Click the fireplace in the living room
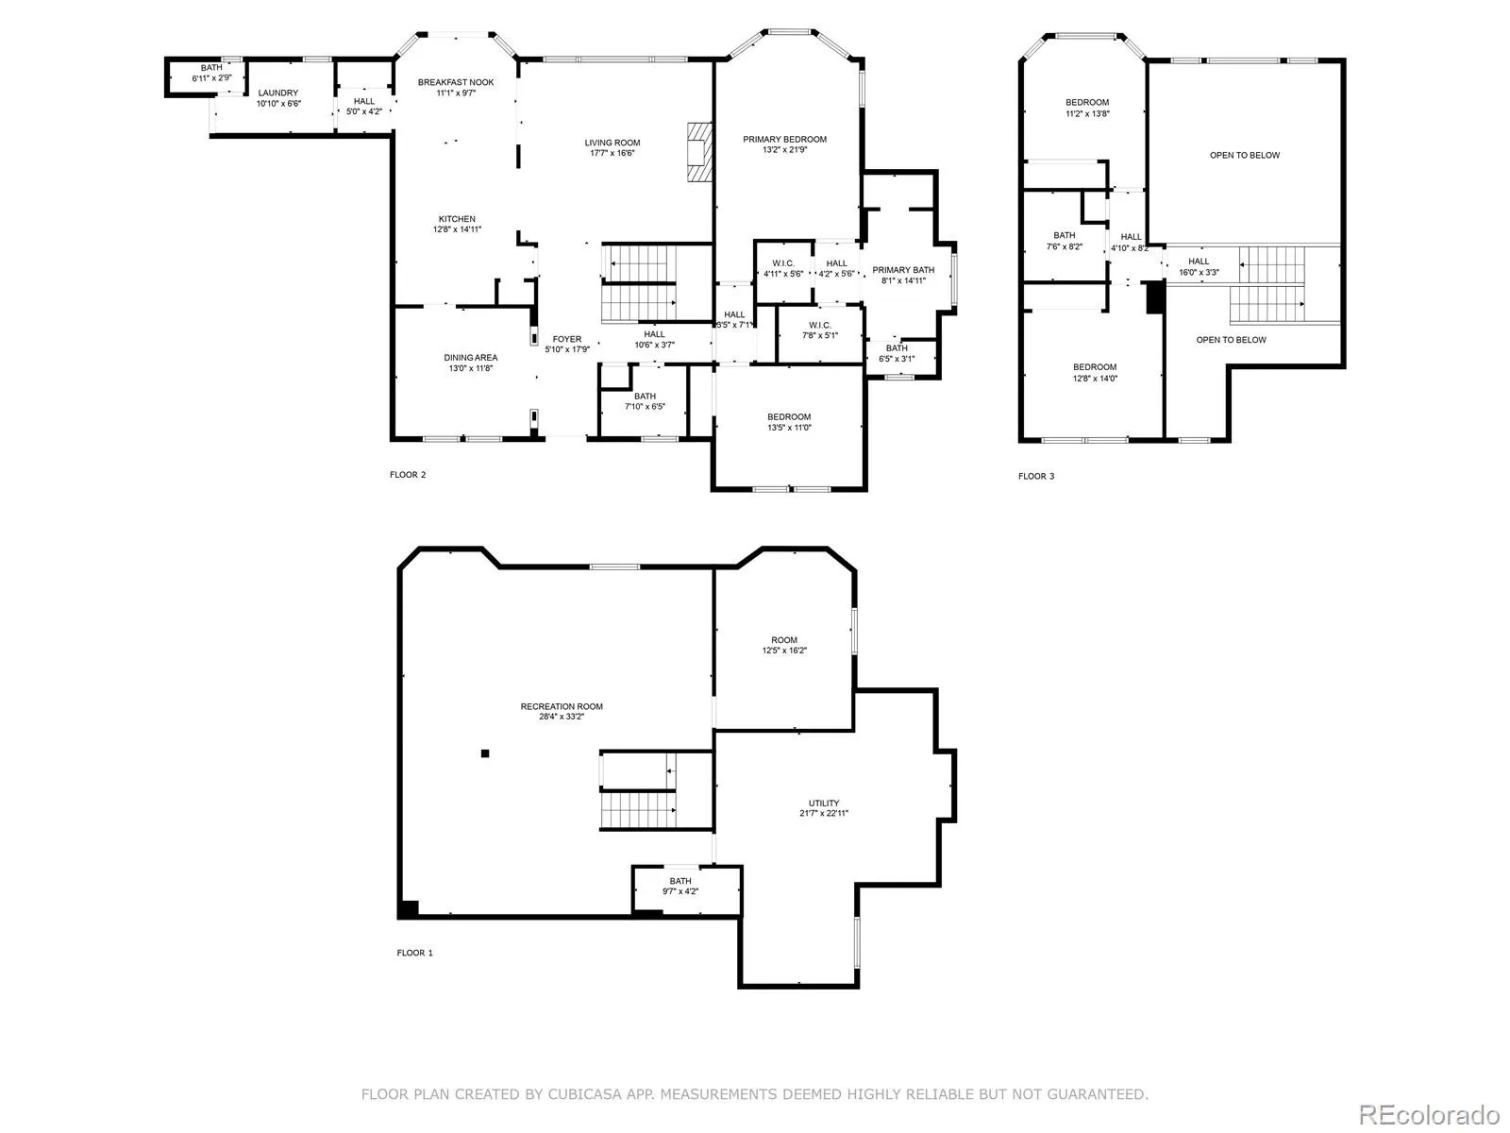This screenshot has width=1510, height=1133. pyautogui.click(x=698, y=152)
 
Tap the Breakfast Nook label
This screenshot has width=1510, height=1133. pyautogui.click(x=456, y=82)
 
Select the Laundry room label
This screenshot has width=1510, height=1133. pyautogui.click(x=277, y=93)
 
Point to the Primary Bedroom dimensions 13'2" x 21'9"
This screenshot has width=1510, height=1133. pyautogui.click(x=784, y=150)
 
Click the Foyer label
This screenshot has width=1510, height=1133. pyautogui.click(x=567, y=339)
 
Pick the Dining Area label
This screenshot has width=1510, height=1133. pyautogui.click(x=471, y=358)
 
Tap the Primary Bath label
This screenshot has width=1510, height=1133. pyautogui.click(x=903, y=270)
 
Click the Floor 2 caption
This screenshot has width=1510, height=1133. pyautogui.click(x=408, y=475)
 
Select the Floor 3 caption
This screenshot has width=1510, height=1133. pyautogui.click(x=1036, y=476)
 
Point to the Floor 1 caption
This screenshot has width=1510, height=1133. pyautogui.click(x=415, y=953)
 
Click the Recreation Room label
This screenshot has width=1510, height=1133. pyautogui.click(x=562, y=706)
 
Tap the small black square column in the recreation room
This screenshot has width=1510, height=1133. pyautogui.click(x=485, y=753)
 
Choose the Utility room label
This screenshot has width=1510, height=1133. pyautogui.click(x=824, y=803)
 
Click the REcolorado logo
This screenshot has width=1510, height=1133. pyautogui.click(x=1429, y=1114)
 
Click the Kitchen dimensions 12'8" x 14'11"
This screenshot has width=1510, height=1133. pyautogui.click(x=457, y=229)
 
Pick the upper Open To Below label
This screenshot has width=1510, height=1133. pyautogui.click(x=1245, y=156)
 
